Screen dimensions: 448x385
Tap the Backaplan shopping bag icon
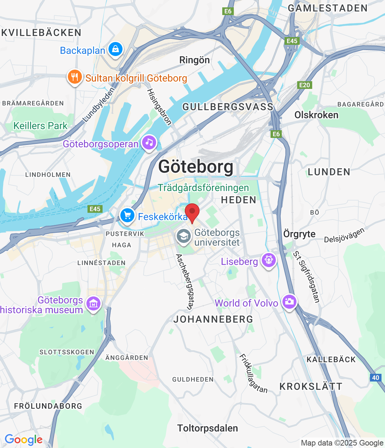tap(115, 49)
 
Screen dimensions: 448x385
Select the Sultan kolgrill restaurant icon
tap(75, 77)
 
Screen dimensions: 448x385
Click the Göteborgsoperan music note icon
tap(149, 143)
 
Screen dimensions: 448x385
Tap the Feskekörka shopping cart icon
tap(127, 216)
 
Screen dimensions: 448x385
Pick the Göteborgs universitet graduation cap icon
tap(183, 237)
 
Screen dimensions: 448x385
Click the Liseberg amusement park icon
tap(269, 260)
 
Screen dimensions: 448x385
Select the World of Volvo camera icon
tap(289, 302)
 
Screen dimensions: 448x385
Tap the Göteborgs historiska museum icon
tap(93, 304)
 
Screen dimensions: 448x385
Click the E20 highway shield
tap(304, 85)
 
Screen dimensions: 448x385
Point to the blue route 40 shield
tap(376, 378)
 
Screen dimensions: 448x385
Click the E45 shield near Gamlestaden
tap(292, 41)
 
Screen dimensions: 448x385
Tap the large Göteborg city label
tap(196, 167)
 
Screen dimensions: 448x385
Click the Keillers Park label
tap(40, 126)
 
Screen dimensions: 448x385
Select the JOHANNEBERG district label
tap(213, 319)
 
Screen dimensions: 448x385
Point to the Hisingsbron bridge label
tap(159, 107)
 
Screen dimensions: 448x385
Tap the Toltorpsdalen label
tap(208, 428)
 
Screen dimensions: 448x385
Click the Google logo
tap(23, 440)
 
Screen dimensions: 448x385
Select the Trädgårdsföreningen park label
tap(203, 188)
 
